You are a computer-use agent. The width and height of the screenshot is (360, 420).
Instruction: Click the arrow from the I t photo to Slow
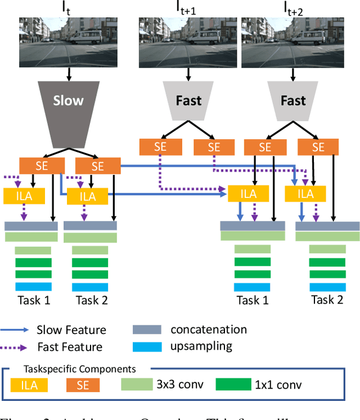(69, 73)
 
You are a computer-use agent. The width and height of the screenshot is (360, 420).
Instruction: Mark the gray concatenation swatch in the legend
(147, 330)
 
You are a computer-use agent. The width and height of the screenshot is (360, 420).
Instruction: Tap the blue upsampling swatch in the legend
(147, 346)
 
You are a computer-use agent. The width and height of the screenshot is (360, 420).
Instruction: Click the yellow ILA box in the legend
(29, 385)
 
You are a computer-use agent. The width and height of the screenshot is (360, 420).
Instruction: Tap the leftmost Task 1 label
(33, 300)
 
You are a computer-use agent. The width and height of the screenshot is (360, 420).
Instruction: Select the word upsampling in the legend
(201, 346)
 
